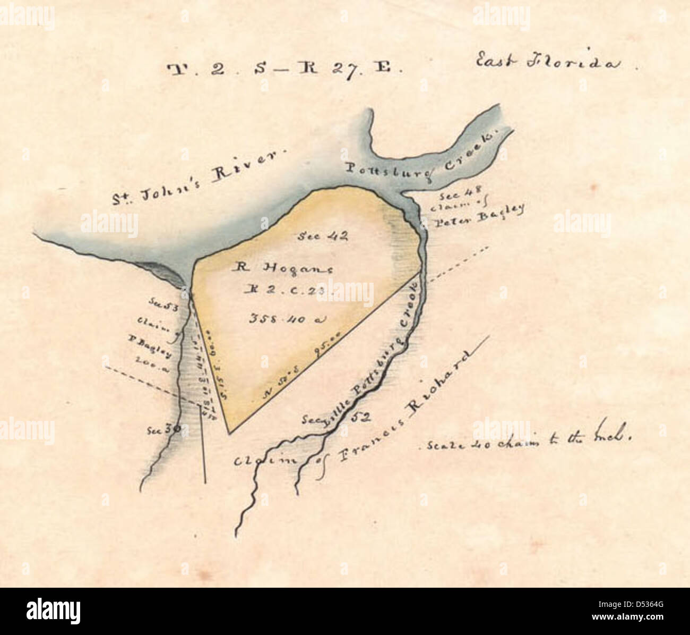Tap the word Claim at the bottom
point(258,460)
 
